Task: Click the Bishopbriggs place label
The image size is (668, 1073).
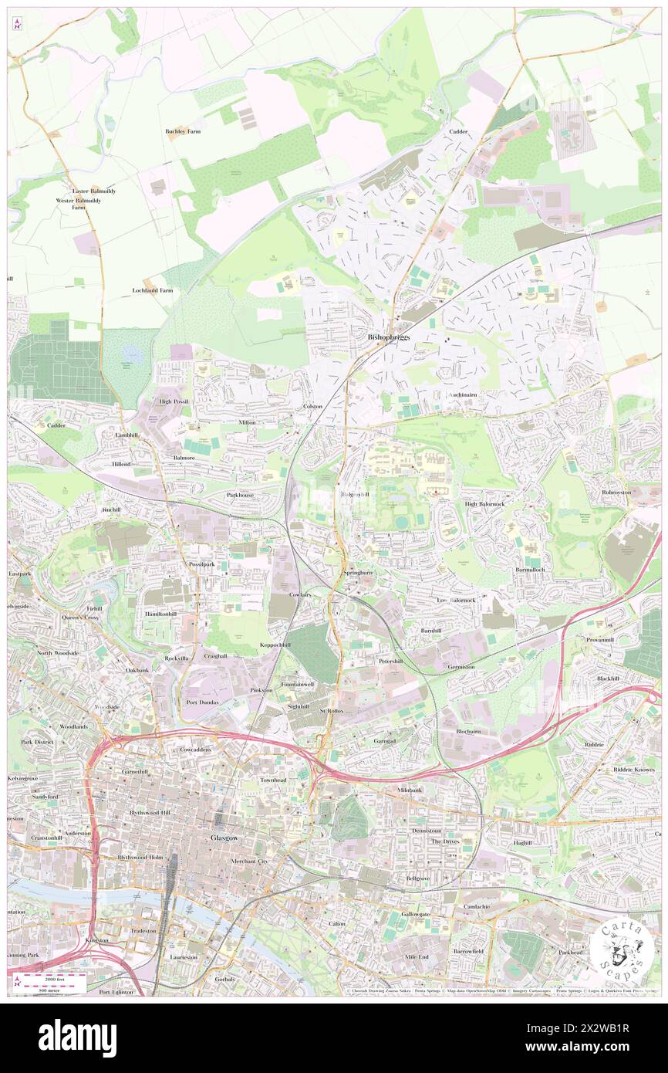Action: click(x=389, y=337)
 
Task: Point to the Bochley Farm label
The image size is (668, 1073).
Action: click(x=183, y=131)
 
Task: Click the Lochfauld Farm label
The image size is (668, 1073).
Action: click(x=152, y=290)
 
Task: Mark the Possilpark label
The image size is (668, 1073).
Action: click(x=206, y=564)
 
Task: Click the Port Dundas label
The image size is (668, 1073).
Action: click(x=203, y=702)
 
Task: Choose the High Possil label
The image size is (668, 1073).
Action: click(x=174, y=401)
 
